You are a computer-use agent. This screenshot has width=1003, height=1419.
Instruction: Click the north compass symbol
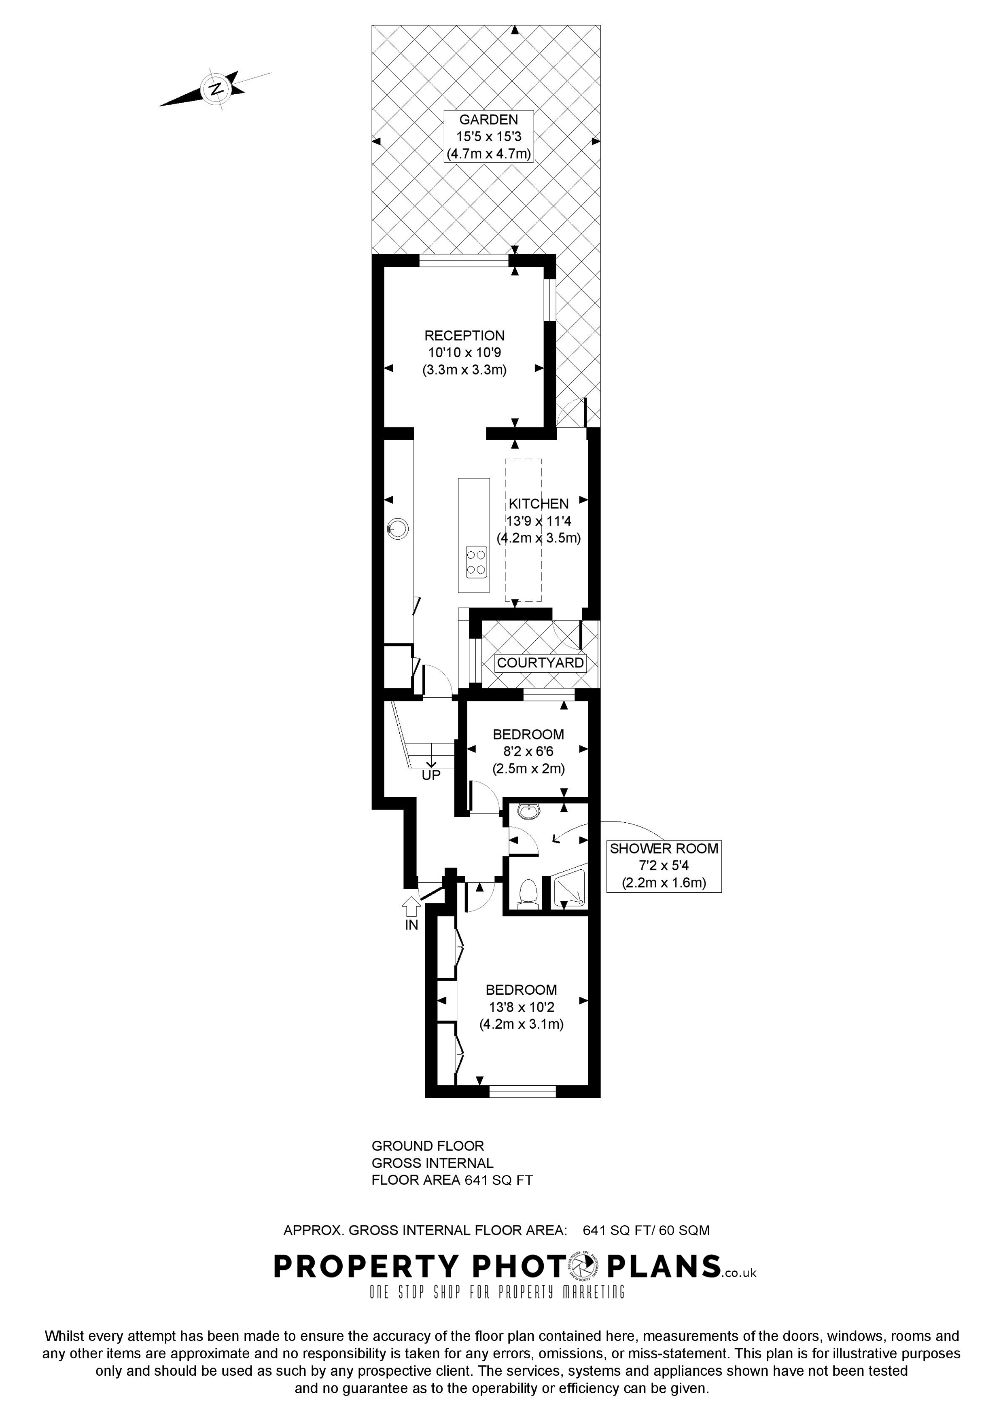216,88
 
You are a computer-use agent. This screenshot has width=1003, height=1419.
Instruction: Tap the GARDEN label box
488,137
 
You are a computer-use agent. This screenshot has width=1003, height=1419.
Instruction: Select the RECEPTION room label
464,336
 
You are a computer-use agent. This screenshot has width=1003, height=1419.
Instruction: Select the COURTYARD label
540,663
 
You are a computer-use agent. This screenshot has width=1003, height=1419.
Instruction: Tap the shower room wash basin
528,811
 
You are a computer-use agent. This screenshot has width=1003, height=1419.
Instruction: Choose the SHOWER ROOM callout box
664,865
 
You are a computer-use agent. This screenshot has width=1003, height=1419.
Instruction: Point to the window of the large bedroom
522,1093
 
